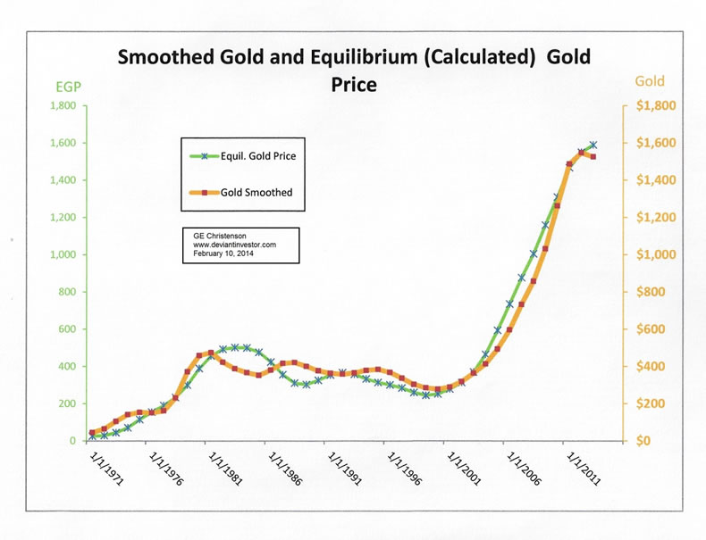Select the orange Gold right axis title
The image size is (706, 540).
pos(650,82)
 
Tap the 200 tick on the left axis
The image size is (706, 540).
pos(64,403)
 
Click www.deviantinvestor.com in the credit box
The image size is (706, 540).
pos(234,244)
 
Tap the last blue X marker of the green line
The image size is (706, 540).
pos(593,145)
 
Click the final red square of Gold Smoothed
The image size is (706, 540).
pos(593,157)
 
